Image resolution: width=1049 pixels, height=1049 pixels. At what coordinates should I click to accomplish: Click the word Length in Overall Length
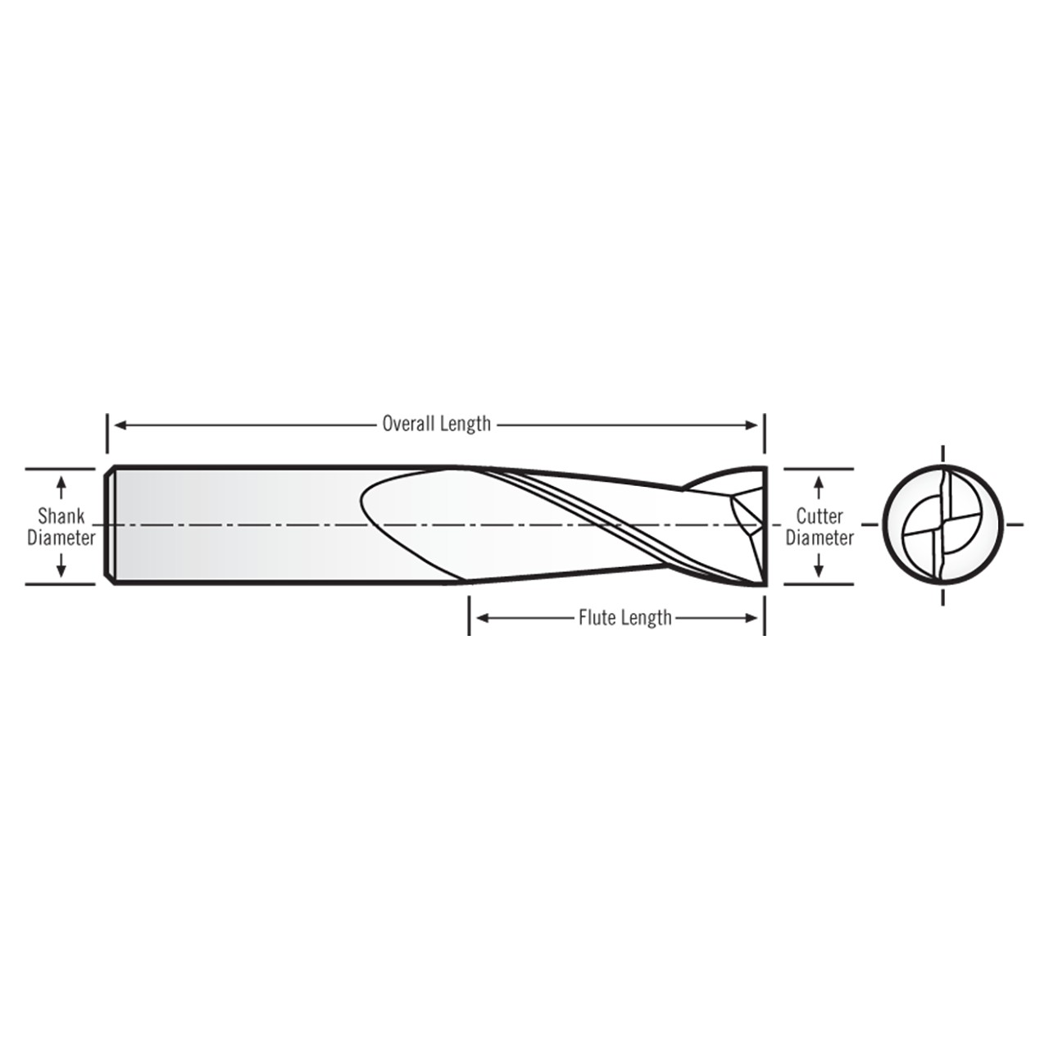[465, 424]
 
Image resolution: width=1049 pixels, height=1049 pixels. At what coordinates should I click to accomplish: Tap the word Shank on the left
[61, 517]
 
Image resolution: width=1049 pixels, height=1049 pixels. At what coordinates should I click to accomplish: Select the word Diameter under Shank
[61, 538]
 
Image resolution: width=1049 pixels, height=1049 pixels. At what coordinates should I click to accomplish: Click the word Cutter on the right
[819, 517]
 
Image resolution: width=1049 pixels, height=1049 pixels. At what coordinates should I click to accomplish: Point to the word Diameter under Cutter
[819, 538]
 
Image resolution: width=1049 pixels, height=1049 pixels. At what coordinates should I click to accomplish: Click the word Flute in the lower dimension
[597, 618]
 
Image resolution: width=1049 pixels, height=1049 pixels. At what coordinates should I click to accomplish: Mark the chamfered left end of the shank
[110, 525]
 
